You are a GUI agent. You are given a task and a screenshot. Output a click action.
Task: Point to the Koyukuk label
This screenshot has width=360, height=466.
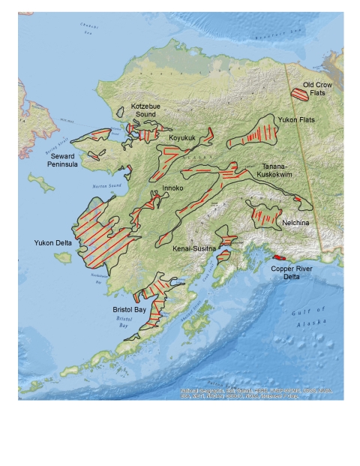(183, 138)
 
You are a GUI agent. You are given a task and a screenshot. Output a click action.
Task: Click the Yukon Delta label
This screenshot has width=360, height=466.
(52, 243)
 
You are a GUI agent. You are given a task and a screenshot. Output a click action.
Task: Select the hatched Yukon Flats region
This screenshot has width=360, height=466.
(255, 134)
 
